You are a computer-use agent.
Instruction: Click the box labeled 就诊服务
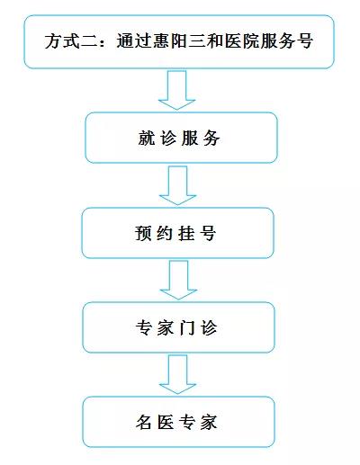[181, 138]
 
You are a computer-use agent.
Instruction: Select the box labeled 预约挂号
[177, 233]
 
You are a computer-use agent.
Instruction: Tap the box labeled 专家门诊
[178, 327]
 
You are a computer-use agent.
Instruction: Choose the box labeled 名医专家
[178, 422]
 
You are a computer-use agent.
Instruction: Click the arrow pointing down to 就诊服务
[177, 90]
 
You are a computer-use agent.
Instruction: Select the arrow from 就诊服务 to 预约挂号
[177, 185]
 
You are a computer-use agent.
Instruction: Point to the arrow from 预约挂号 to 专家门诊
[178, 280]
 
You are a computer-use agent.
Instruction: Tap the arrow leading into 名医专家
[177, 374]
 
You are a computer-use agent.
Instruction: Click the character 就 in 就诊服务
[147, 139]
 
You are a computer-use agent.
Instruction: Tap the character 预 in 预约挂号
[143, 233]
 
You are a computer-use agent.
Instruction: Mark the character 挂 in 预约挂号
[186, 233]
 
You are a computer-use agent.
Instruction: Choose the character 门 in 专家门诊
[187, 327]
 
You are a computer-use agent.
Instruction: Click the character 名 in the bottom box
[144, 423]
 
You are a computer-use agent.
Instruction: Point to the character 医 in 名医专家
[166, 423]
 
